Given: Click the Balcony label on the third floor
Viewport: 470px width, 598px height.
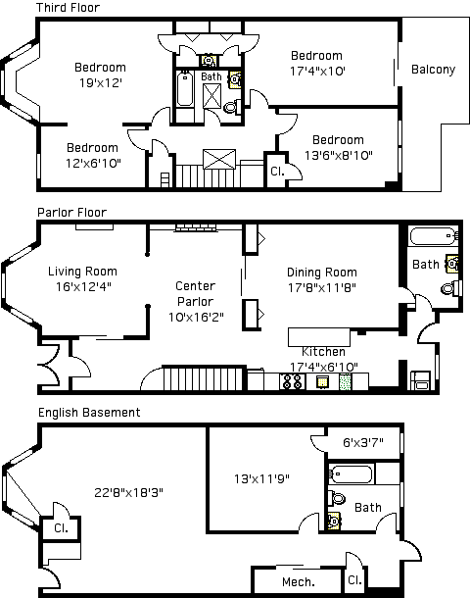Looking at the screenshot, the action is pyautogui.click(x=433, y=70).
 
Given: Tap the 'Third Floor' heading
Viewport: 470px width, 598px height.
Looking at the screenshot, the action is pyautogui.click(x=68, y=7).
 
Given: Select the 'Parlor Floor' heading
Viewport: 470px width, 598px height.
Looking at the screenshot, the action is pyautogui.click(x=72, y=212).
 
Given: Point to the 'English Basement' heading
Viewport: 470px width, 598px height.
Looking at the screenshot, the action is pyautogui.click(x=89, y=413).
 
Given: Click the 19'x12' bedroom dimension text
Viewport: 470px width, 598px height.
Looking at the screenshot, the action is pyautogui.click(x=101, y=82).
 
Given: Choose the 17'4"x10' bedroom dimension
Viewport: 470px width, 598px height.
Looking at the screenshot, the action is pyautogui.click(x=317, y=71).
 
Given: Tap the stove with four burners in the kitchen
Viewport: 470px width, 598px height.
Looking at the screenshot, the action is pyautogui.click(x=292, y=381).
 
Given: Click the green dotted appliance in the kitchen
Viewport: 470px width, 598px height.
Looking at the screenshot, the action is pyautogui.click(x=345, y=381).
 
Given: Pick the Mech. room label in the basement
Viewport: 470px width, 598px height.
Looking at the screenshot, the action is pyautogui.click(x=299, y=582).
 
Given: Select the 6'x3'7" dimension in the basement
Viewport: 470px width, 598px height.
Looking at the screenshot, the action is pyautogui.click(x=363, y=442).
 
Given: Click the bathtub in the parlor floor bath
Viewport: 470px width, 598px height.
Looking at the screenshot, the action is pyautogui.click(x=433, y=236).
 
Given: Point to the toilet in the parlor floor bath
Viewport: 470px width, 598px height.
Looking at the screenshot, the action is pyautogui.click(x=451, y=288).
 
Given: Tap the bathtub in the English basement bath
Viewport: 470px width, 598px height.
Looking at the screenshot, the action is pyautogui.click(x=351, y=474).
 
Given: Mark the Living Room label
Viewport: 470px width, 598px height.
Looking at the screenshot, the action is pyautogui.click(x=82, y=272).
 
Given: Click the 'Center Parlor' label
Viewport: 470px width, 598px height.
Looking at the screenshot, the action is pyautogui.click(x=196, y=294).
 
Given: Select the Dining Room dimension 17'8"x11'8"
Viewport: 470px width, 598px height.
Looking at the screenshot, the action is pyautogui.click(x=322, y=287).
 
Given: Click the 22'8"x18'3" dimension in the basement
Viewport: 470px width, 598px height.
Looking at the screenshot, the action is pyautogui.click(x=128, y=493).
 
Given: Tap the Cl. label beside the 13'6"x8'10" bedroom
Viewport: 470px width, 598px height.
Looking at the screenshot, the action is pyautogui.click(x=277, y=172).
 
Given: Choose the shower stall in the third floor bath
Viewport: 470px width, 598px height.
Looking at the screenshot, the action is pyautogui.click(x=211, y=96).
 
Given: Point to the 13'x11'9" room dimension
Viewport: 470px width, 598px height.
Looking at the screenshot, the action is pyautogui.click(x=261, y=478).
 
